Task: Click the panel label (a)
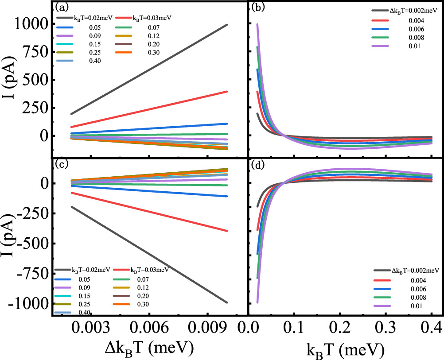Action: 60,7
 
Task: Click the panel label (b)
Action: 258,7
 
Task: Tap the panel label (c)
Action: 61,164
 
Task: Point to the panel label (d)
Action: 259,165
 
